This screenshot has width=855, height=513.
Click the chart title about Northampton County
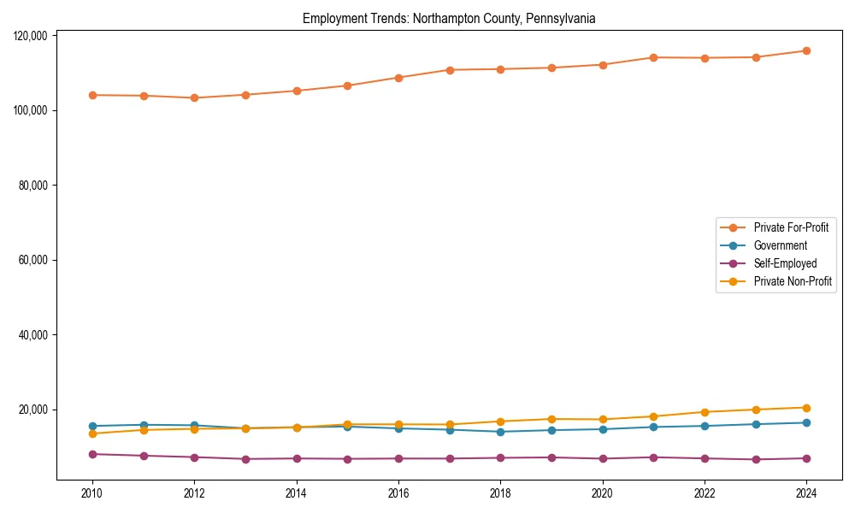(x=449, y=18)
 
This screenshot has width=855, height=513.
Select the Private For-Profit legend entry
(x=791, y=227)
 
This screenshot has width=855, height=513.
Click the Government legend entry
(x=780, y=245)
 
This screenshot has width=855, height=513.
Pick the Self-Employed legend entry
(x=785, y=263)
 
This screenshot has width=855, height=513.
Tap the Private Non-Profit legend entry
(x=793, y=281)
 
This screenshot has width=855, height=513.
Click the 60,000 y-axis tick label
(x=33, y=260)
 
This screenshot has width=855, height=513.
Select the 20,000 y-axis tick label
(x=33, y=410)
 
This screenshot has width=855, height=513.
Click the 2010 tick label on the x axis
(x=92, y=493)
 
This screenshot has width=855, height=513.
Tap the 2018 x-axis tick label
(x=500, y=493)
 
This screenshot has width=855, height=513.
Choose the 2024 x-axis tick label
(x=806, y=493)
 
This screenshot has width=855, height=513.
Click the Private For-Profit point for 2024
(x=806, y=50)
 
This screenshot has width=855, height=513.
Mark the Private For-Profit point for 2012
(x=194, y=97)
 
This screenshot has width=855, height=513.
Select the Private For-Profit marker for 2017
(x=450, y=70)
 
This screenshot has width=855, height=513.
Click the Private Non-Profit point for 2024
(x=806, y=408)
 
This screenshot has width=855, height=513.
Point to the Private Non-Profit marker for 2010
(x=92, y=433)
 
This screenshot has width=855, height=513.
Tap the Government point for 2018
(x=500, y=432)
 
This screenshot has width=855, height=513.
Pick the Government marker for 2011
(x=144, y=425)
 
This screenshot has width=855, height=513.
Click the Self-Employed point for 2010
(x=92, y=454)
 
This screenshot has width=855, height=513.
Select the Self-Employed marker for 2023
(x=755, y=460)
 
